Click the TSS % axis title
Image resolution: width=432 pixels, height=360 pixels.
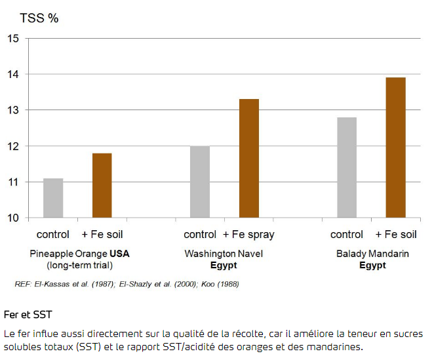(39, 18)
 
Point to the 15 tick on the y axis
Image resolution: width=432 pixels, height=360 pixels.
(13, 39)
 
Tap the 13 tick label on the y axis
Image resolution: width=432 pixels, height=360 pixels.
(13, 110)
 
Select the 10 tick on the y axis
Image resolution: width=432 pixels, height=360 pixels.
(13, 218)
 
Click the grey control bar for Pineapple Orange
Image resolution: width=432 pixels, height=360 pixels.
(53, 197)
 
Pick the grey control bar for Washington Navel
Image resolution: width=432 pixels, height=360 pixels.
(200, 182)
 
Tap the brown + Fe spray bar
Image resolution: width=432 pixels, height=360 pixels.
(248, 158)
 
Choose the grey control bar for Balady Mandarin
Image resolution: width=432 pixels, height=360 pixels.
(347, 167)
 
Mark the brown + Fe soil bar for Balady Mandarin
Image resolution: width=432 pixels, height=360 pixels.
(395, 148)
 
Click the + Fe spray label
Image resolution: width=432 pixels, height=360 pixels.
(248, 235)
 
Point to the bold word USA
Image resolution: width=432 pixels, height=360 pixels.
(120, 254)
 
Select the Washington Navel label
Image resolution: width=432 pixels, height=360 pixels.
(224, 254)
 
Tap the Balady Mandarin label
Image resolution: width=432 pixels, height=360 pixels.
(372, 254)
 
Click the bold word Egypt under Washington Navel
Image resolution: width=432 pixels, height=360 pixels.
(224, 266)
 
